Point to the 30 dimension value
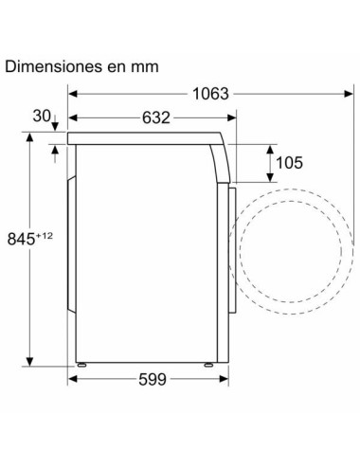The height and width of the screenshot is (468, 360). coord(42,117)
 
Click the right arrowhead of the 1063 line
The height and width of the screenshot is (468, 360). coord(340,94)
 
